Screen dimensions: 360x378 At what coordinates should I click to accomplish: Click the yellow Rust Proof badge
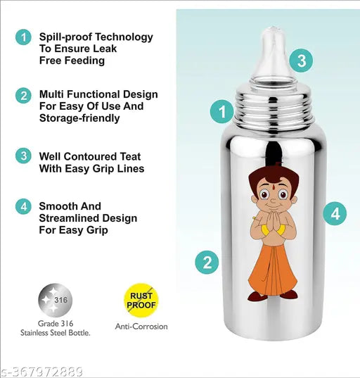click(x=141, y=300)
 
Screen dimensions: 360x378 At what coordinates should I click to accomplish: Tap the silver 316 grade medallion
click(x=55, y=300)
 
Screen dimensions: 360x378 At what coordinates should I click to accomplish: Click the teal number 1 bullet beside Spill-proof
click(x=23, y=37)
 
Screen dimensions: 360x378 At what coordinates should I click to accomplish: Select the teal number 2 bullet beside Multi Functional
click(x=23, y=96)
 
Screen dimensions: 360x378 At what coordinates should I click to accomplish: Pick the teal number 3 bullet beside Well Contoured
click(x=23, y=156)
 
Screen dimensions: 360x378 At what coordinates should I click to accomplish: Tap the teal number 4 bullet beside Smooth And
click(x=23, y=207)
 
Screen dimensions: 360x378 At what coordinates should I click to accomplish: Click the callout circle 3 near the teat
click(x=301, y=61)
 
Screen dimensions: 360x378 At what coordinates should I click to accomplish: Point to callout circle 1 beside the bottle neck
click(x=222, y=112)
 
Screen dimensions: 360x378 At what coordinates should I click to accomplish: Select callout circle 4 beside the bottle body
click(x=335, y=213)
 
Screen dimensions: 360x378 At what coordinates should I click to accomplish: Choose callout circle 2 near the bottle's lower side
click(x=207, y=262)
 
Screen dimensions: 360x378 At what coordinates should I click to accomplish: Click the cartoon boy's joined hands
click(x=273, y=220)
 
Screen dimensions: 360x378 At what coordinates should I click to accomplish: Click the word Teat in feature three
click(x=130, y=156)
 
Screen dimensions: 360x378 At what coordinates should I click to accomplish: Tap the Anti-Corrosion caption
click(x=141, y=327)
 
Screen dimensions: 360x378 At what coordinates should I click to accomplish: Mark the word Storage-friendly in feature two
click(x=79, y=118)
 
